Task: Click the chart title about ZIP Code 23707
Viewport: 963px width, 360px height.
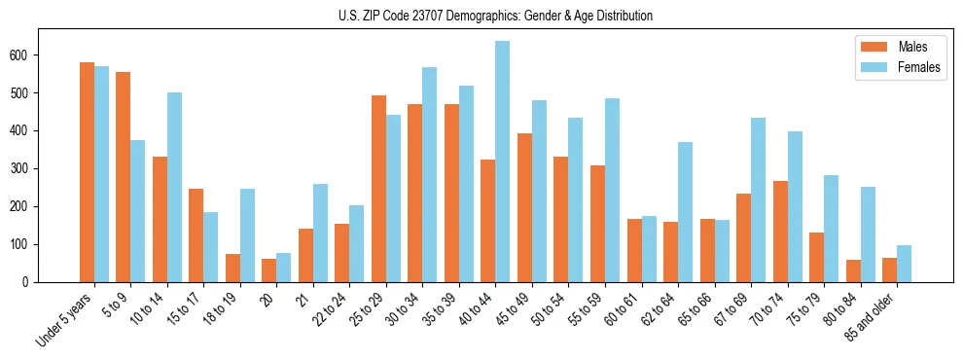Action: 481,16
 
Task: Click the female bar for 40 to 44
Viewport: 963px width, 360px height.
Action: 503,162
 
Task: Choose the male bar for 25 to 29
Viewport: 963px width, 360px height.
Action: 378,189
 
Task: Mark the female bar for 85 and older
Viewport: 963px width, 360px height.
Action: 905,264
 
